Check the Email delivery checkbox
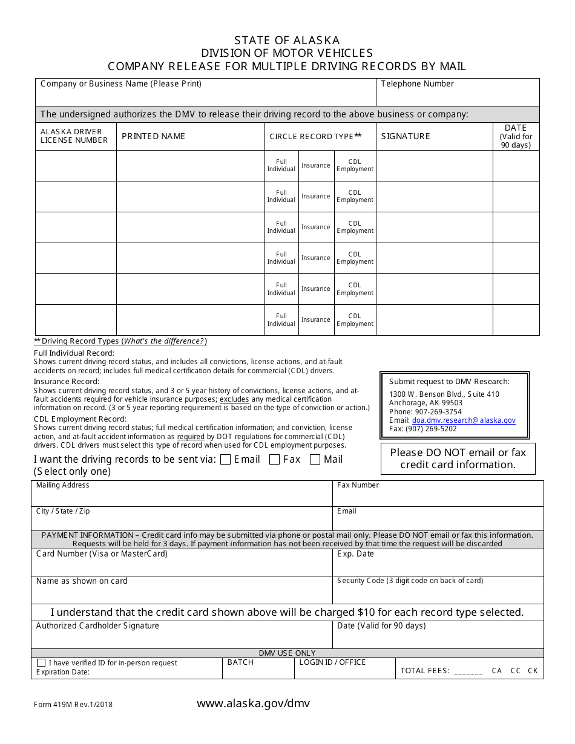click(226, 460)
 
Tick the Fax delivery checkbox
click(274, 460)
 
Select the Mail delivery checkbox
click(315, 460)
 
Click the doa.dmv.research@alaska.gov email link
click(464, 420)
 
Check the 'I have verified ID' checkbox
click(41, 663)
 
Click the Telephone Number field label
click(417, 84)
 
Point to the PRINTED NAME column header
click(153, 137)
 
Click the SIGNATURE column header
click(406, 137)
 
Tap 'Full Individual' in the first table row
click(281, 166)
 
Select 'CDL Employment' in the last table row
click(355, 320)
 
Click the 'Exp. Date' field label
click(355, 554)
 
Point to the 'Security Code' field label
click(410, 581)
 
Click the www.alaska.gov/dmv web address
click(253, 703)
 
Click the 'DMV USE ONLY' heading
click(287, 653)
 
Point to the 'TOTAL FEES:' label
click(425, 671)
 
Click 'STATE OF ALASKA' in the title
click(287, 41)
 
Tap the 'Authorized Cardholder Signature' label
click(97, 626)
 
